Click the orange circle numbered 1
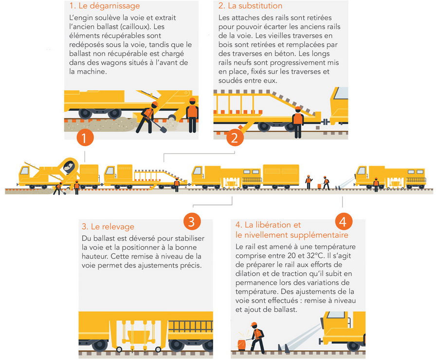point(85,137)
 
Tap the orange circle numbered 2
point(235,137)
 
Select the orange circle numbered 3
point(192,221)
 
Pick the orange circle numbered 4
point(344,222)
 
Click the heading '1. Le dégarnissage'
point(105,5)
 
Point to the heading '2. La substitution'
point(250,5)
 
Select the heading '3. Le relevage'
point(108,227)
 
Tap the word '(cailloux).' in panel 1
point(133,27)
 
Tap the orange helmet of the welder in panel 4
point(254,324)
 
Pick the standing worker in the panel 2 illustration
point(298,122)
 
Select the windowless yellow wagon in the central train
point(281,175)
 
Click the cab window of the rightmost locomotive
point(362,171)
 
